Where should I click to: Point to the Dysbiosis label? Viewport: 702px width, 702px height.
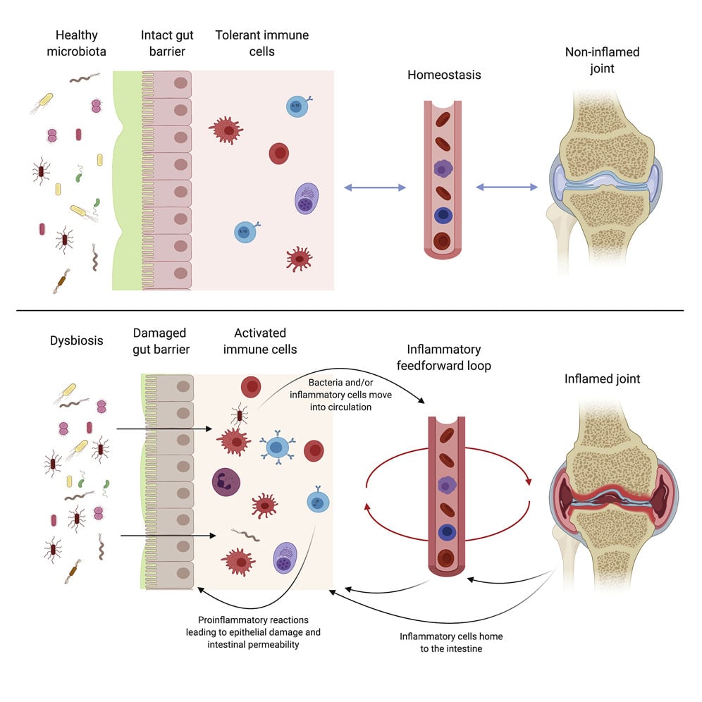(x=77, y=340)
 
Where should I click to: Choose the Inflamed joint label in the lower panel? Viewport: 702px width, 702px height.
(x=602, y=378)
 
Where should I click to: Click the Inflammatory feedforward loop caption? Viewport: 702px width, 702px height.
(x=444, y=358)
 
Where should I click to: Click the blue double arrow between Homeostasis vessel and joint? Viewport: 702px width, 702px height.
(x=507, y=187)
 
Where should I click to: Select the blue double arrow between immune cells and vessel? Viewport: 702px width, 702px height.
(x=374, y=187)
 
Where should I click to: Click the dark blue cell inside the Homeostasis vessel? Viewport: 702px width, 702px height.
(x=443, y=216)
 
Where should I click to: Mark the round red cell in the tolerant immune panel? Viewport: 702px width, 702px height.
(x=279, y=153)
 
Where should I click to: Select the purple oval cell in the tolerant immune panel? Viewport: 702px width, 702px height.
(x=307, y=200)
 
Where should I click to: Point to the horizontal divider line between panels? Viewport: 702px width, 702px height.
(x=350, y=310)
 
